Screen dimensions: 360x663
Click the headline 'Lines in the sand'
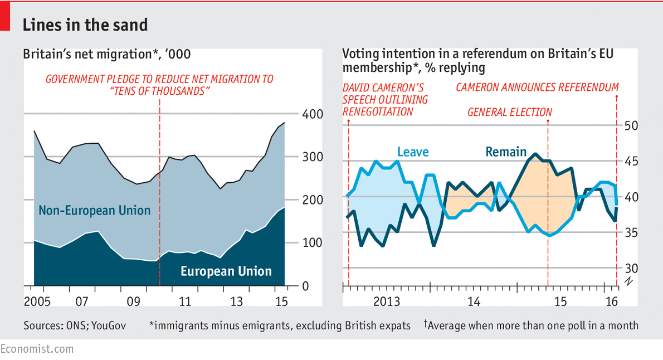[x=85, y=25]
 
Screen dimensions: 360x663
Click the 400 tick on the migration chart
[x=311, y=114]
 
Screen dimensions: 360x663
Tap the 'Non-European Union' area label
[x=95, y=211]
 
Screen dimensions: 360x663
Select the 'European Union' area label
[x=226, y=271]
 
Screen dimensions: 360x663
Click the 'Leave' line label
[x=413, y=152]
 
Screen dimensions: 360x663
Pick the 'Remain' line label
[x=505, y=152]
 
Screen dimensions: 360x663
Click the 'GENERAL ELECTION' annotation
[x=509, y=112]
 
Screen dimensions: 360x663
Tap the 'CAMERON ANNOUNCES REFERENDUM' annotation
[x=537, y=87]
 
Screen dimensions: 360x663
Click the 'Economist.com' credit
[x=37, y=349]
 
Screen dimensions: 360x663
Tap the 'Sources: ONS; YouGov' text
[x=75, y=325]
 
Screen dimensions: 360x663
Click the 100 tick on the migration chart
[x=311, y=243]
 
